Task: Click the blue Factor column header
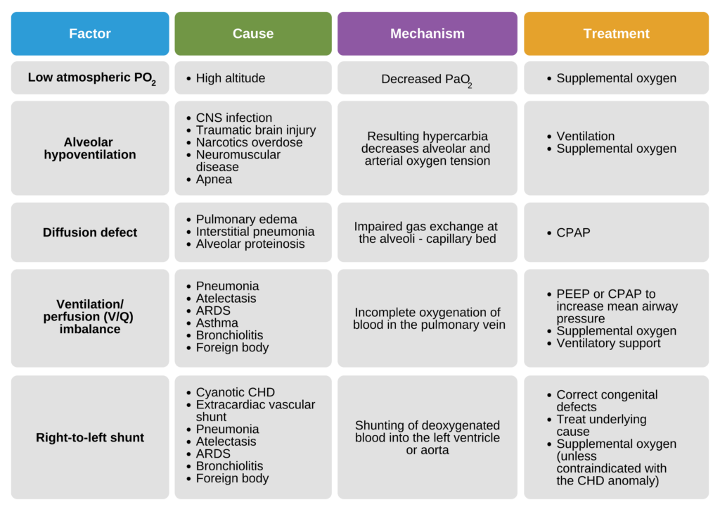tap(90, 34)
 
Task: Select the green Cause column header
tap(253, 34)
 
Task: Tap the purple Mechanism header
tap(427, 34)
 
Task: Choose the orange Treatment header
tap(616, 34)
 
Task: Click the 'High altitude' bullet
tap(230, 78)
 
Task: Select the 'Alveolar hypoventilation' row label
tap(90, 149)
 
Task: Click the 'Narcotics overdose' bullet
tap(249, 142)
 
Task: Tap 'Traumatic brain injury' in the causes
tap(255, 130)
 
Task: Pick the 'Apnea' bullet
tap(214, 179)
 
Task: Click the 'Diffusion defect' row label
tap(90, 232)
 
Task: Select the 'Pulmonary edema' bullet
tap(246, 219)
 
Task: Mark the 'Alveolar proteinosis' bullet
tap(250, 244)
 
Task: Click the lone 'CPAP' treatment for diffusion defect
tap(573, 232)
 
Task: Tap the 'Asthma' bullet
tap(217, 323)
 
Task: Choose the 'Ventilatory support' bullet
tap(608, 343)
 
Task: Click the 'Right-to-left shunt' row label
tap(90, 437)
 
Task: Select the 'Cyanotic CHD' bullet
tap(235, 392)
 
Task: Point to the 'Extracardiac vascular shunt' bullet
tap(255, 411)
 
